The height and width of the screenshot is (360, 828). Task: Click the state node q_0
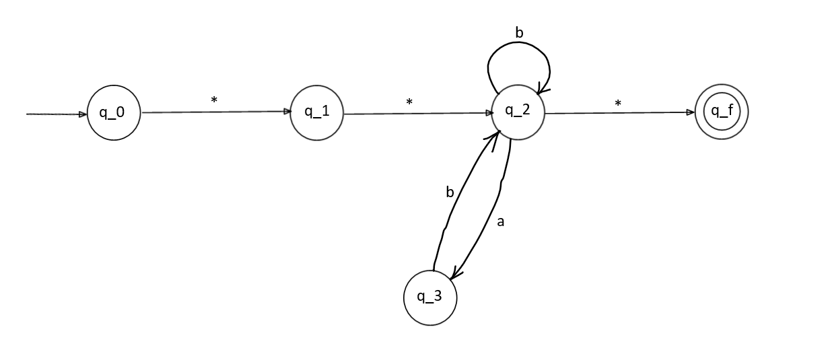pos(114,113)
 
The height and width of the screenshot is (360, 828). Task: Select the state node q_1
pos(316,113)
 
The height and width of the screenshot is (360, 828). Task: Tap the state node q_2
pos(518,112)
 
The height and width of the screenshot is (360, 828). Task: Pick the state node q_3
pos(430,298)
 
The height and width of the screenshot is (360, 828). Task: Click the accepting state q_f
pos(721,112)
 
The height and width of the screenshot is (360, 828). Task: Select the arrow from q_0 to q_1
pos(215,112)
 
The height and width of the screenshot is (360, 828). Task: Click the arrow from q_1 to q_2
pos(417,113)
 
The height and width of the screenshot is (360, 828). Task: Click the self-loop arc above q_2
pos(518,46)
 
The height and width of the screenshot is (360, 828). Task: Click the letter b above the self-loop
pos(519,32)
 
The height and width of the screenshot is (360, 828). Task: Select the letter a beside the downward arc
pos(499,221)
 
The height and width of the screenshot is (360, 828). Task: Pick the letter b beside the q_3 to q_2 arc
pos(450,192)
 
